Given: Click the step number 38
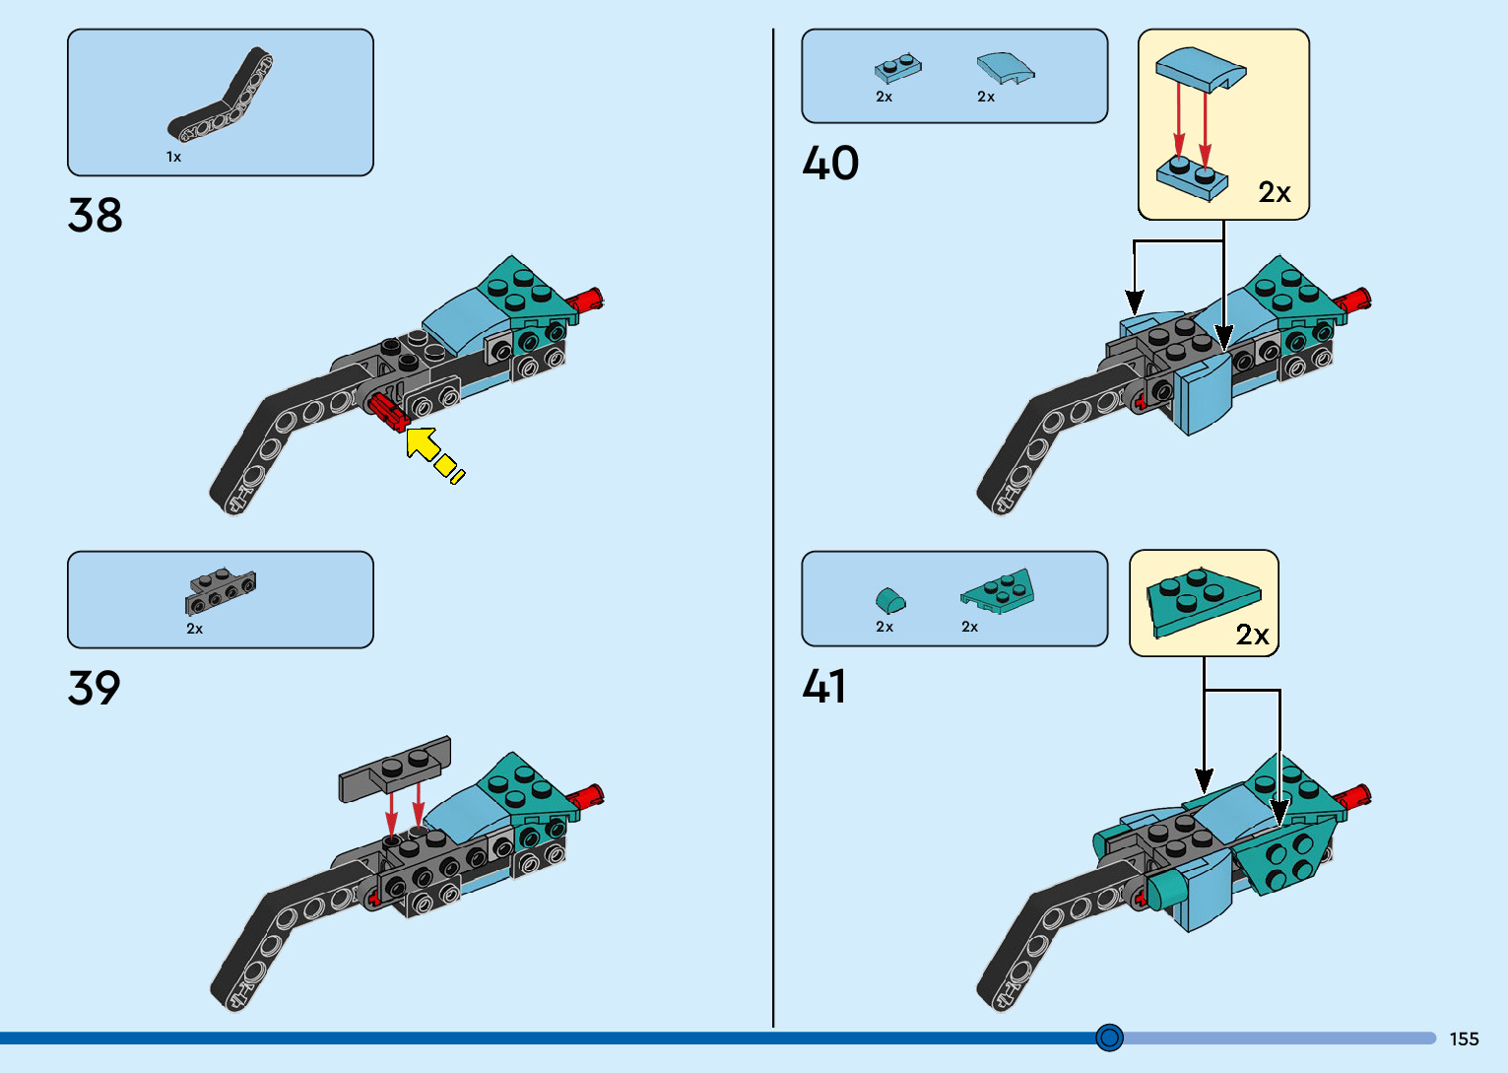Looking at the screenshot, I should (x=96, y=215).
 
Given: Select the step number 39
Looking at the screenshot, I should (x=95, y=688).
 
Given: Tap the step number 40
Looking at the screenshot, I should (x=830, y=163).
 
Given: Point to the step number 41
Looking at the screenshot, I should (x=824, y=686).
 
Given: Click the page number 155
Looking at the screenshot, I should (x=1464, y=1039).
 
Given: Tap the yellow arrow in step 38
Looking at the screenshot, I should (x=431, y=454).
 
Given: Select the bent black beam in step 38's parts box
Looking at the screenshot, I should (x=224, y=100).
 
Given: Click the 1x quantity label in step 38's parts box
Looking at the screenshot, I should (x=173, y=157).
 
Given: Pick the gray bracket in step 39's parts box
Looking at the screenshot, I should (x=220, y=590).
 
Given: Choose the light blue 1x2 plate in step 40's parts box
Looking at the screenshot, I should (x=897, y=68).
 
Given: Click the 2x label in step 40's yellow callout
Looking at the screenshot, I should (x=1274, y=192).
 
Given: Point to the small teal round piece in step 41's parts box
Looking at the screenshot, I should (x=890, y=599).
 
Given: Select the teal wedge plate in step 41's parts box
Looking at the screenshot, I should (x=998, y=591).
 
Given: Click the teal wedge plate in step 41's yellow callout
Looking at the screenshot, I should (x=1200, y=599).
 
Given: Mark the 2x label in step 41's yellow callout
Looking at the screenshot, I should (x=1252, y=635).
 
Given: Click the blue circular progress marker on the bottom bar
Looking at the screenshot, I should (x=1109, y=1038).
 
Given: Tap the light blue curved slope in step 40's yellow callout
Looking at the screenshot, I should (x=1201, y=69).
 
